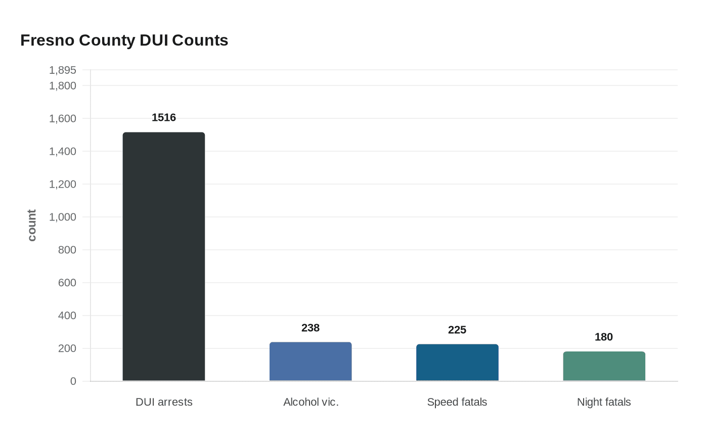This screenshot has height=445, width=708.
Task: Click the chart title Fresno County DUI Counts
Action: (x=124, y=40)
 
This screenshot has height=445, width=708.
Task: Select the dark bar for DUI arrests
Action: (x=164, y=257)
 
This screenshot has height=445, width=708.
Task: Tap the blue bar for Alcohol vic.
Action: (x=311, y=362)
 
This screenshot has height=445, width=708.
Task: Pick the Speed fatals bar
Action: (x=457, y=363)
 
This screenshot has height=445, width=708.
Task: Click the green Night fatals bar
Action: (x=604, y=366)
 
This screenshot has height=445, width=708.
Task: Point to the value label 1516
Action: (x=164, y=117)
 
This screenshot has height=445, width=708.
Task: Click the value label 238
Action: (x=311, y=328)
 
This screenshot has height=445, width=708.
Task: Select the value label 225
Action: (x=457, y=330)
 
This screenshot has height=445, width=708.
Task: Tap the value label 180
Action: (x=604, y=337)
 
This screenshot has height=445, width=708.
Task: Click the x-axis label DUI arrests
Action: (x=164, y=402)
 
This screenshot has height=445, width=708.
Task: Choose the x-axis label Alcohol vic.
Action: (x=311, y=402)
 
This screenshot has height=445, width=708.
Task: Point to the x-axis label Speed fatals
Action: (x=457, y=402)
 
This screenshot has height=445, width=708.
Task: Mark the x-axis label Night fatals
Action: (x=604, y=402)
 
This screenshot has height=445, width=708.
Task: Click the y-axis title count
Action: (x=31, y=226)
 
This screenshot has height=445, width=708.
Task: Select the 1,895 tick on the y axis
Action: (x=63, y=70)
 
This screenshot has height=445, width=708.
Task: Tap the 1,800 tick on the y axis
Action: (x=63, y=85)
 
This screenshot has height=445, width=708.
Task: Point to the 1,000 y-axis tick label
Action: (x=63, y=217)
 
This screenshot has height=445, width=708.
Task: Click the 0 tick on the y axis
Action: (x=73, y=381)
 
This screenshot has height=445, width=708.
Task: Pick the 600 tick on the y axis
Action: (x=67, y=283)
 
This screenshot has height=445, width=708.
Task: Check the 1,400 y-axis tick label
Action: (x=63, y=151)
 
